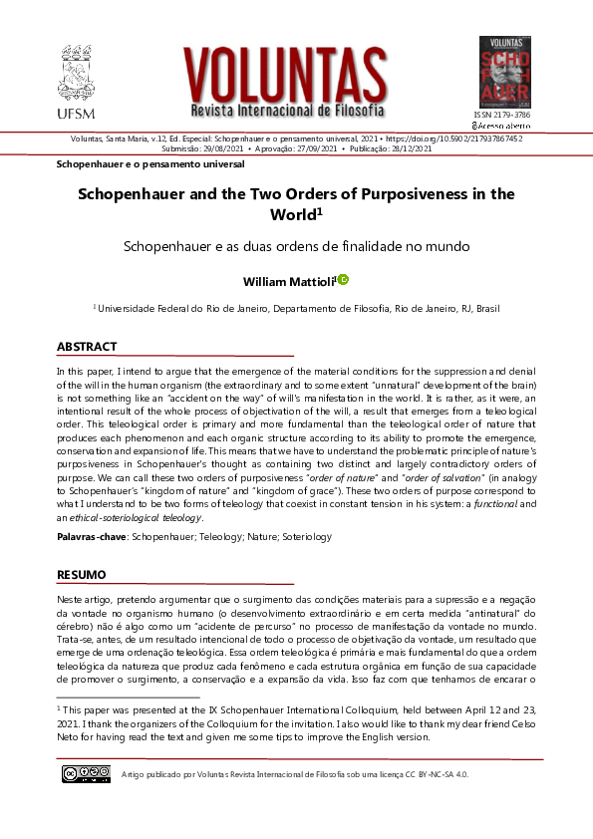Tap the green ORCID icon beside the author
click(343, 281)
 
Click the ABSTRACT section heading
click(87, 347)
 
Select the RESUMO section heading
click(81, 575)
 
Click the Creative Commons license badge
click(86, 773)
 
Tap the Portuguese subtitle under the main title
click(296, 245)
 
